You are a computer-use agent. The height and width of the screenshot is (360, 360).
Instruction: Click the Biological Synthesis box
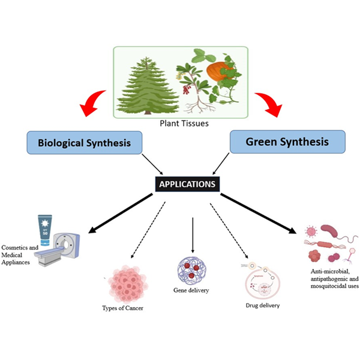(85, 145)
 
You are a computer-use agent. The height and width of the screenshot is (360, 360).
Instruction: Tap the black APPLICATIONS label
(187, 184)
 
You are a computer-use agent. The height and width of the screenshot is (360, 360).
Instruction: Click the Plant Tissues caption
(180, 125)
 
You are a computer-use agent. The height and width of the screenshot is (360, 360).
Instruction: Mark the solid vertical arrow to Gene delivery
(192, 234)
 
